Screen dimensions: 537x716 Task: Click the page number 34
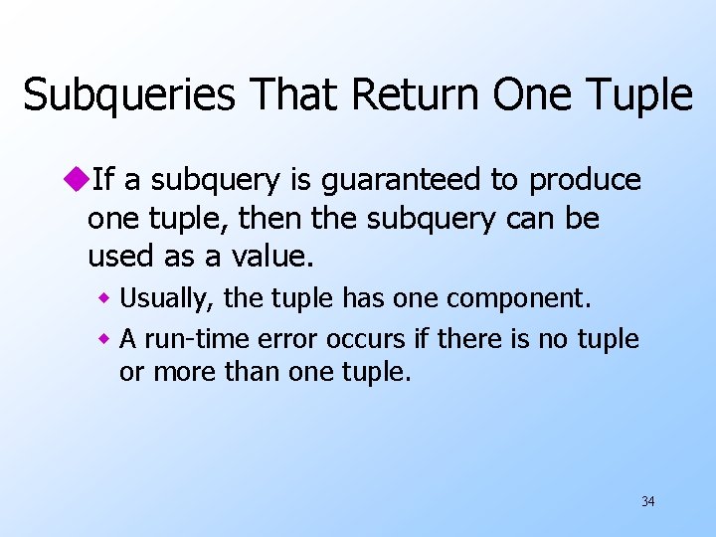647,501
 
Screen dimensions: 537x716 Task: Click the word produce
585,181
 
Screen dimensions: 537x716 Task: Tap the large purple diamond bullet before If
76,180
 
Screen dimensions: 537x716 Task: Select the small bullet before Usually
103,298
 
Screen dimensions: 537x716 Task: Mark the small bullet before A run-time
103,340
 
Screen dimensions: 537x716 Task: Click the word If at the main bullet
103,180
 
